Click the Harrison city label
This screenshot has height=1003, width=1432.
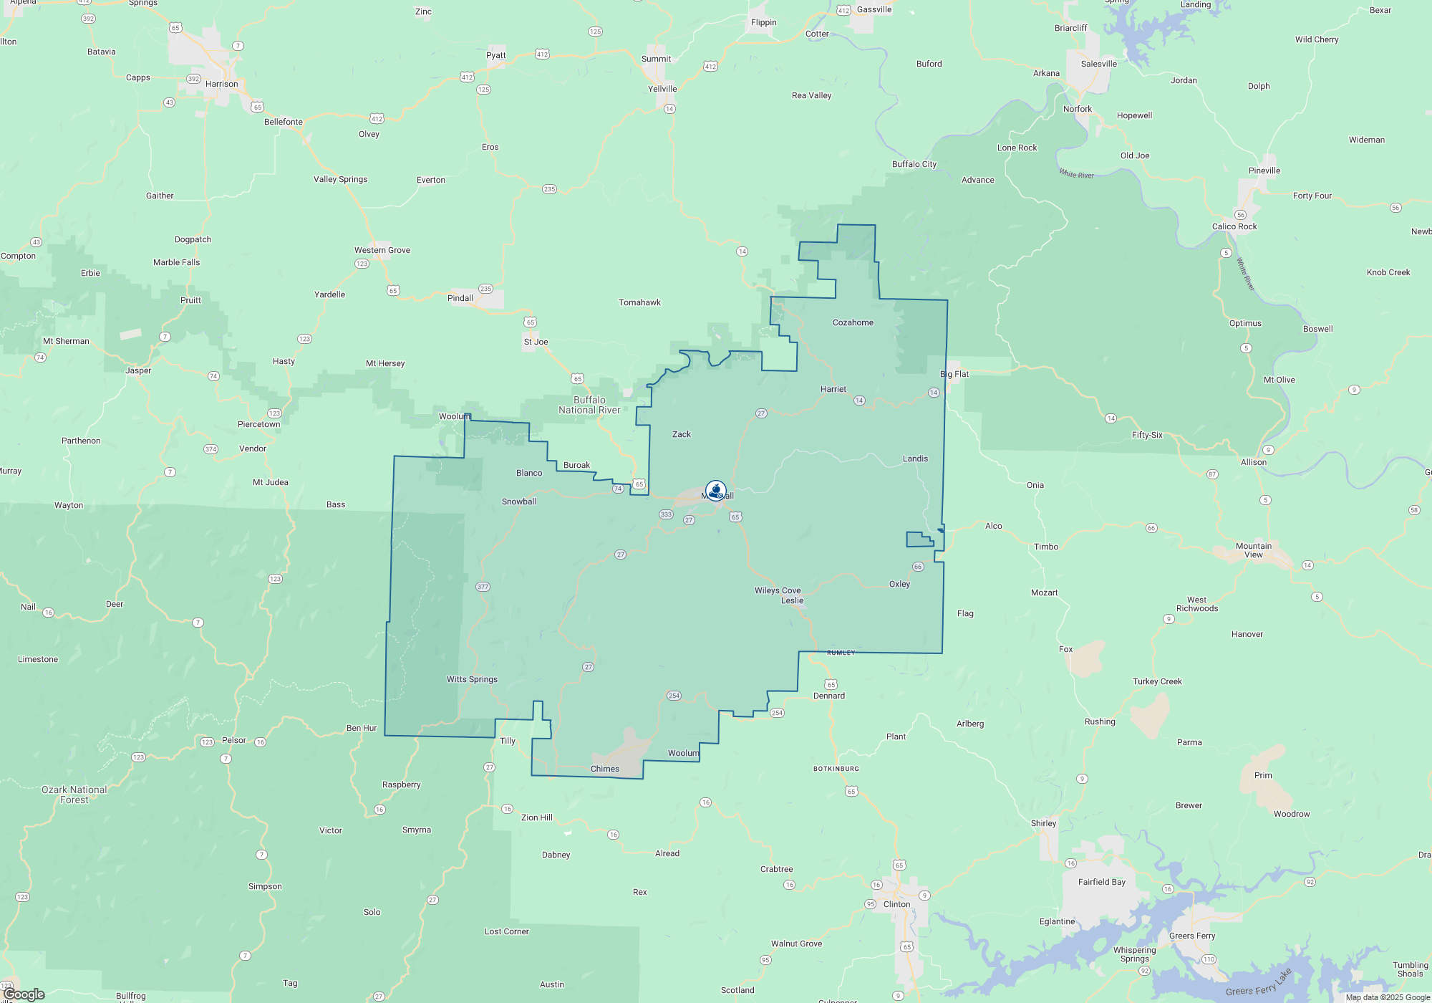pyautogui.click(x=221, y=84)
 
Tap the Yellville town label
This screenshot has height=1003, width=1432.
pyautogui.click(x=662, y=89)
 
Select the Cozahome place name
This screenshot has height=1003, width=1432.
pyautogui.click(x=853, y=322)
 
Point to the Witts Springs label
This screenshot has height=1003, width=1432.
pyautogui.click(x=472, y=679)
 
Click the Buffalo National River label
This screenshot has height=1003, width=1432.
pyautogui.click(x=589, y=405)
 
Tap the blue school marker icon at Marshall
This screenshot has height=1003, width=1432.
pyautogui.click(x=715, y=491)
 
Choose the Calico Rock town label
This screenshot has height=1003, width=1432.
pyautogui.click(x=1234, y=226)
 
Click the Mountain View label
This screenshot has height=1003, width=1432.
pyautogui.click(x=1254, y=550)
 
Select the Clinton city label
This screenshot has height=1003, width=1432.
pyautogui.click(x=896, y=904)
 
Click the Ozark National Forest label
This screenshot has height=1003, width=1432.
pyautogui.click(x=74, y=795)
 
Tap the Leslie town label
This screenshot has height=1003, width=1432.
pyautogui.click(x=792, y=600)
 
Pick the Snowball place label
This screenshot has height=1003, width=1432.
pyautogui.click(x=519, y=501)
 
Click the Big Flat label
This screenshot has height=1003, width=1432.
pyautogui.click(x=954, y=374)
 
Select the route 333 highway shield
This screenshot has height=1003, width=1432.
pyautogui.click(x=666, y=514)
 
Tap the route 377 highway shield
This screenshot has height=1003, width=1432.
pyautogui.click(x=483, y=587)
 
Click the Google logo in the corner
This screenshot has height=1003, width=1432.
pyautogui.click(x=24, y=994)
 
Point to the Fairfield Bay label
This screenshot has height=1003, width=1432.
pyautogui.click(x=1102, y=882)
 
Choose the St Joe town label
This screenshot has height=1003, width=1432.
pyautogui.click(x=536, y=342)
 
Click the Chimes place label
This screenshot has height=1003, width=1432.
pyautogui.click(x=605, y=769)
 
